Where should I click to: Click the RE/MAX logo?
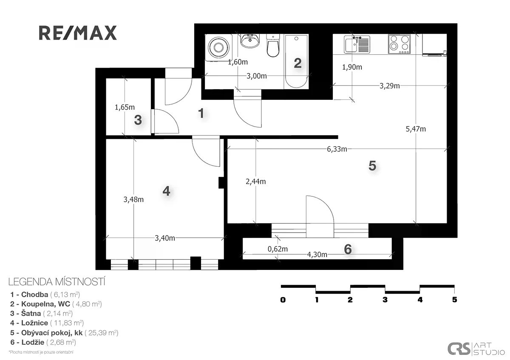pos(78,33)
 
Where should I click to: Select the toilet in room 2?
pos(273,45)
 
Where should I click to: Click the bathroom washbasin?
pos(250,41)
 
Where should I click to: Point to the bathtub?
pos(296,62)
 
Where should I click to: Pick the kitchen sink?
pos(357,45)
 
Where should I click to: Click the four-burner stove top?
pos(399,44)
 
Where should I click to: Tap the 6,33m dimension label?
pos(337,149)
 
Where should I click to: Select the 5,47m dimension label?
pos(416,129)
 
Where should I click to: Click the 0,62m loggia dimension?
pos(278,249)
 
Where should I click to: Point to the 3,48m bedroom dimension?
pos(133,200)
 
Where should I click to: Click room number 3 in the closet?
pos(138,120)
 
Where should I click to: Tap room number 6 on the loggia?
pos(348,249)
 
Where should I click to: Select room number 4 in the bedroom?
pos(166,191)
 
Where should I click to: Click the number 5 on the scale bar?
pos(454,300)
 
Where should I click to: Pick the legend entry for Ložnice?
pos(47,323)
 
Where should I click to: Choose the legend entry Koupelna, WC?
pos(56,304)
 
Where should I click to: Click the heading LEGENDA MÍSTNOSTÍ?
pos(57,282)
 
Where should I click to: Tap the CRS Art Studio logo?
pos(476,349)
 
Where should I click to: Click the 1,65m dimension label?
pos(125,107)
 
